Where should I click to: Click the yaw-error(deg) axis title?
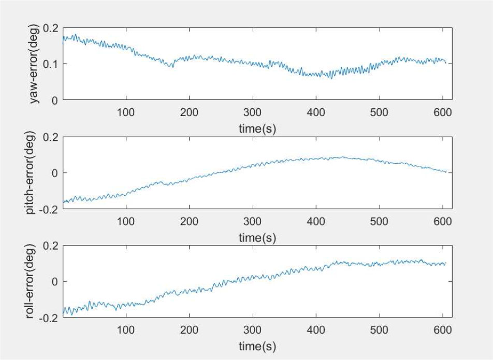35,63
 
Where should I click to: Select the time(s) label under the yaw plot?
257,128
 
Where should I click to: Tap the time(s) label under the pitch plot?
257,238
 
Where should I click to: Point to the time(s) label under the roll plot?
257,345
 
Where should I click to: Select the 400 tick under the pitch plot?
316,221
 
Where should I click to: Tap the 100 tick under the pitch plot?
126,221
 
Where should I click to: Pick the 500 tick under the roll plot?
380,330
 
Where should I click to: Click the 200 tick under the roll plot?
189,330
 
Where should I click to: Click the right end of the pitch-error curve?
445,171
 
